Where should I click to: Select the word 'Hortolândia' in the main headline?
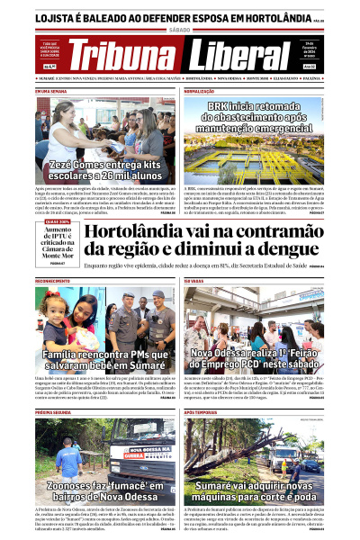click(x=128, y=233)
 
